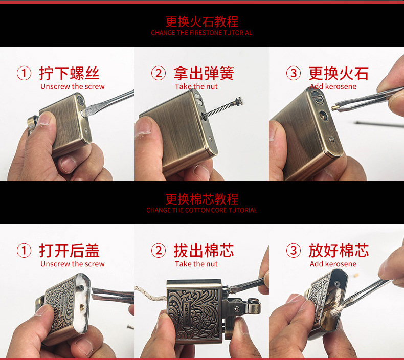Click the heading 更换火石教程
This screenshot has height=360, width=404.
click(x=201, y=21)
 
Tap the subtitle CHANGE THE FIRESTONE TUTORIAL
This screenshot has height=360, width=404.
click(x=201, y=33)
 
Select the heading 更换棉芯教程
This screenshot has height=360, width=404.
click(x=201, y=199)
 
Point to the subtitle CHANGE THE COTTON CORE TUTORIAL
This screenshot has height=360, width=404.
click(x=201, y=210)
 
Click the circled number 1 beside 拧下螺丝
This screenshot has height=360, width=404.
click(x=24, y=73)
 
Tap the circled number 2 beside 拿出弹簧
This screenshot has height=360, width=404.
click(x=159, y=73)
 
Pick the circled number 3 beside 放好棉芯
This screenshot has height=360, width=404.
click(x=293, y=251)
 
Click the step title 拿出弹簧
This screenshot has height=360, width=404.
click(x=204, y=73)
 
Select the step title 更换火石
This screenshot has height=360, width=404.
click(x=338, y=73)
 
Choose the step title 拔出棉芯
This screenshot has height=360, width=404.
click(x=204, y=251)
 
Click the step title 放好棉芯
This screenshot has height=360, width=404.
click(x=338, y=251)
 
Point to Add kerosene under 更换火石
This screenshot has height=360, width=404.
click(x=333, y=86)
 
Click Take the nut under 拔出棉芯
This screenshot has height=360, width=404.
click(x=196, y=264)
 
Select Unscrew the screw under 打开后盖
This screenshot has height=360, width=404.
click(x=72, y=264)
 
